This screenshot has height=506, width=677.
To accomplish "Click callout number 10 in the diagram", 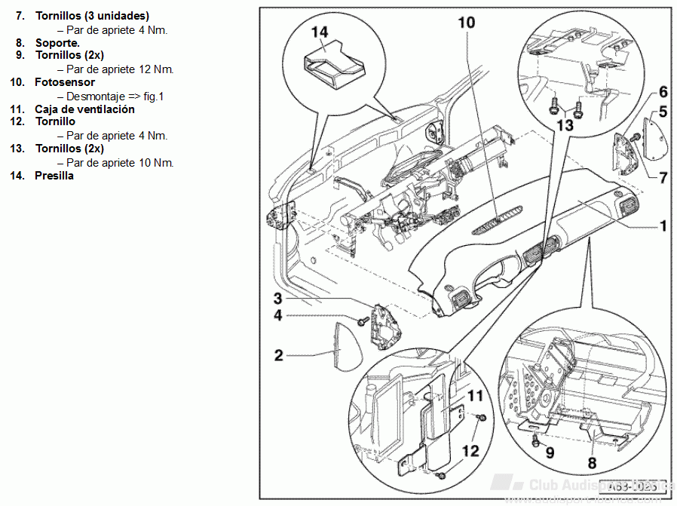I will (x=467, y=23).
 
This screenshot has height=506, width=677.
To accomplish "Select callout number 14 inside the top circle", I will (x=319, y=32).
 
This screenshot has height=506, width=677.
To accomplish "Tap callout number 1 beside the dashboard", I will (x=663, y=225).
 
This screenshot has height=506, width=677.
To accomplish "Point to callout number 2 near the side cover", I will (x=279, y=354).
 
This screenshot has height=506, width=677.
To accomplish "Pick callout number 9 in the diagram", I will (x=550, y=453).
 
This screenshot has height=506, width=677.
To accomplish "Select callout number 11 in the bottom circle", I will (x=475, y=395).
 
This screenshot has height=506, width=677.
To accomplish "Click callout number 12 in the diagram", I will (x=470, y=451).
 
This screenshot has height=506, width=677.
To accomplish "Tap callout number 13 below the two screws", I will (x=565, y=124).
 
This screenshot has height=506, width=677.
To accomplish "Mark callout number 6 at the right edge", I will (x=663, y=92).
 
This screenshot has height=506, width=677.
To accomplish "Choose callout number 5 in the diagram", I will (x=663, y=112).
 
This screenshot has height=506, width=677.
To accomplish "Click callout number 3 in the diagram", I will (x=277, y=299).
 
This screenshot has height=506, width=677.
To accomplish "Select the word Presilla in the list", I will (x=54, y=176).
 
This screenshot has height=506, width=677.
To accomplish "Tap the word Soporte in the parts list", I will (x=57, y=43).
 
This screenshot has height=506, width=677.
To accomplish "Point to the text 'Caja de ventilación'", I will (x=84, y=109).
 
